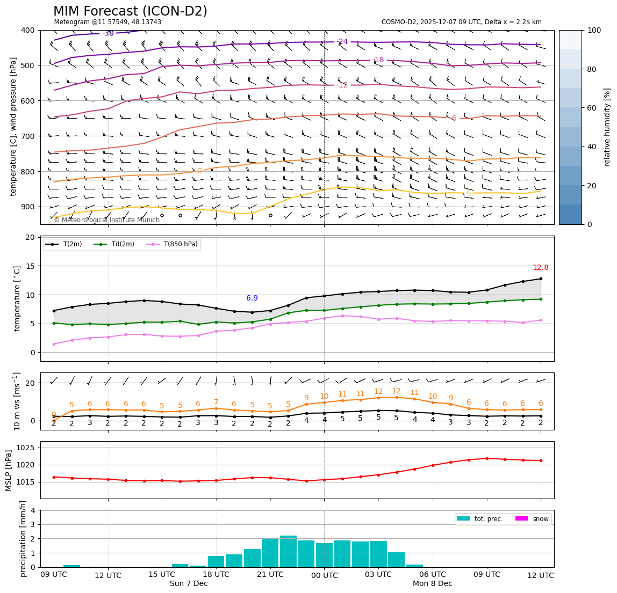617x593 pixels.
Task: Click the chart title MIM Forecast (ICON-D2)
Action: (x=130, y=11)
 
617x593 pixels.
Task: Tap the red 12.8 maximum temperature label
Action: (x=540, y=268)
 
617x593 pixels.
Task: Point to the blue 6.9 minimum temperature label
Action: (x=252, y=298)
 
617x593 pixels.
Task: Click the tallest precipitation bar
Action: (x=288, y=551)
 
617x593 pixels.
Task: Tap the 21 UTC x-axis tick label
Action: (x=270, y=575)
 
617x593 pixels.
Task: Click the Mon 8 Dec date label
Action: (x=432, y=584)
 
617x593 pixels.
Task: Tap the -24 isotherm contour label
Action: (x=342, y=42)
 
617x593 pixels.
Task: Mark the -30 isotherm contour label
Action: (x=108, y=34)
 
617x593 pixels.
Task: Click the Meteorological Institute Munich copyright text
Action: (x=106, y=220)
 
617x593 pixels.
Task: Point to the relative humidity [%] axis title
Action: (x=607, y=127)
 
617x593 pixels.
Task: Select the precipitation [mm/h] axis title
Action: (x=23, y=538)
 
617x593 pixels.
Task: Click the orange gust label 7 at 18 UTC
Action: (x=216, y=402)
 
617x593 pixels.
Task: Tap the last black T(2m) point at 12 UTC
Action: (x=540, y=279)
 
